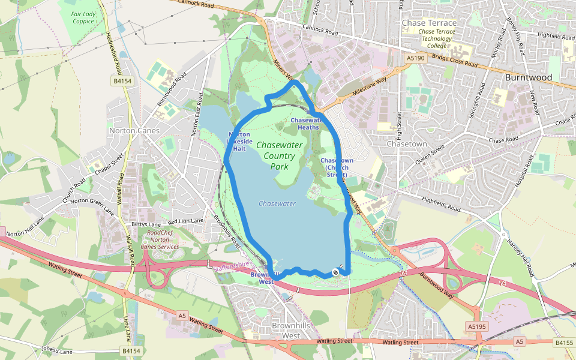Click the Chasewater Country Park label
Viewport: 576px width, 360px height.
[x=279, y=155]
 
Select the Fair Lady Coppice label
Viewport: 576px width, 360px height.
[x=83, y=17]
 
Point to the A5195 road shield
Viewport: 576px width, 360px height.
[x=475, y=326]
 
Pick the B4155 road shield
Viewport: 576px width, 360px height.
[x=564, y=343]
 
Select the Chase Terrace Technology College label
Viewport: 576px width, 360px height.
[x=436, y=38]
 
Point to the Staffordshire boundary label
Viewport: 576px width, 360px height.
[x=232, y=264]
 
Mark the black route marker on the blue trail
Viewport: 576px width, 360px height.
[x=335, y=272]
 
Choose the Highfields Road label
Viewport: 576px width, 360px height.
[x=440, y=205]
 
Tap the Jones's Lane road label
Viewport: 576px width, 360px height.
[x=58, y=349]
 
